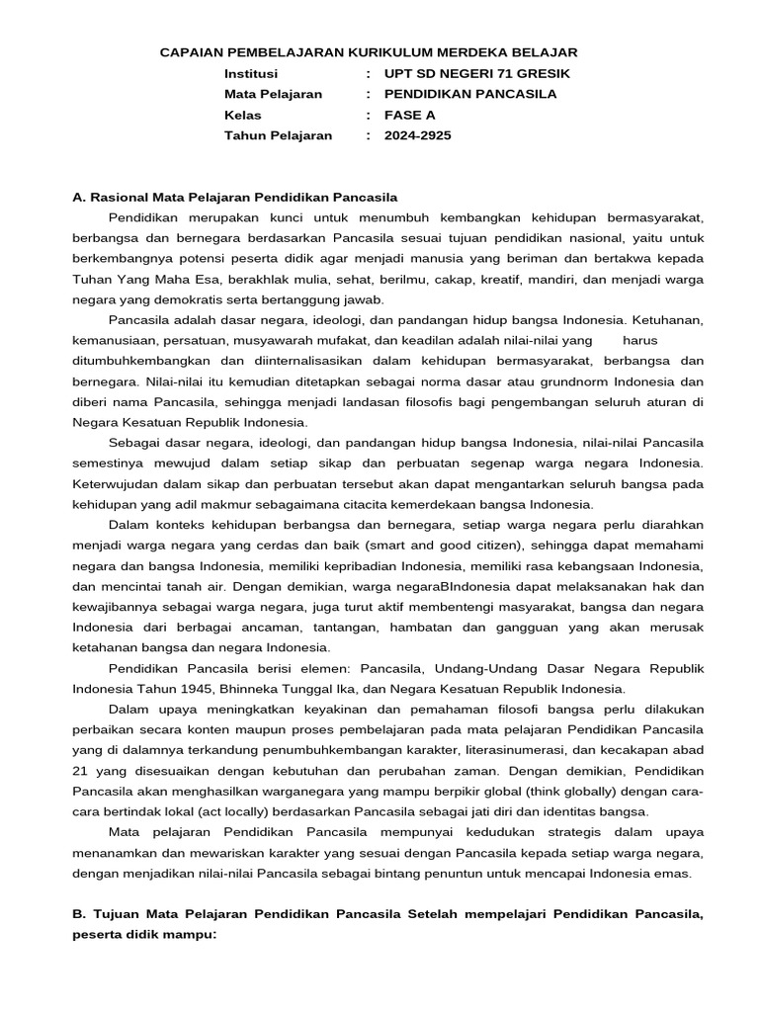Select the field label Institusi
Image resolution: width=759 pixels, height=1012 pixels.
point(251,73)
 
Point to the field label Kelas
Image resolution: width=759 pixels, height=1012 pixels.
point(243,115)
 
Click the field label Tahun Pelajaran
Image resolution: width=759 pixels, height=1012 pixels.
point(278,135)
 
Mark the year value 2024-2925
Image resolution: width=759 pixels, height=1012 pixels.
point(417,135)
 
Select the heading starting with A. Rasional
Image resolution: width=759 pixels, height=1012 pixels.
point(235,197)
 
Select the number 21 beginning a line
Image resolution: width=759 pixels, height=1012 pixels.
point(82,771)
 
